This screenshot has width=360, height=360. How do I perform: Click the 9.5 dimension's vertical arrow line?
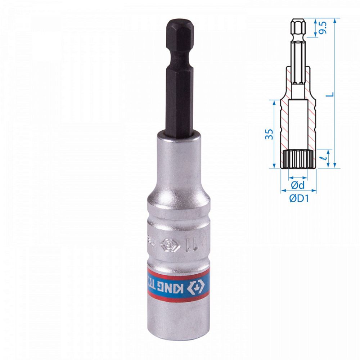click(x=315, y=27)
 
